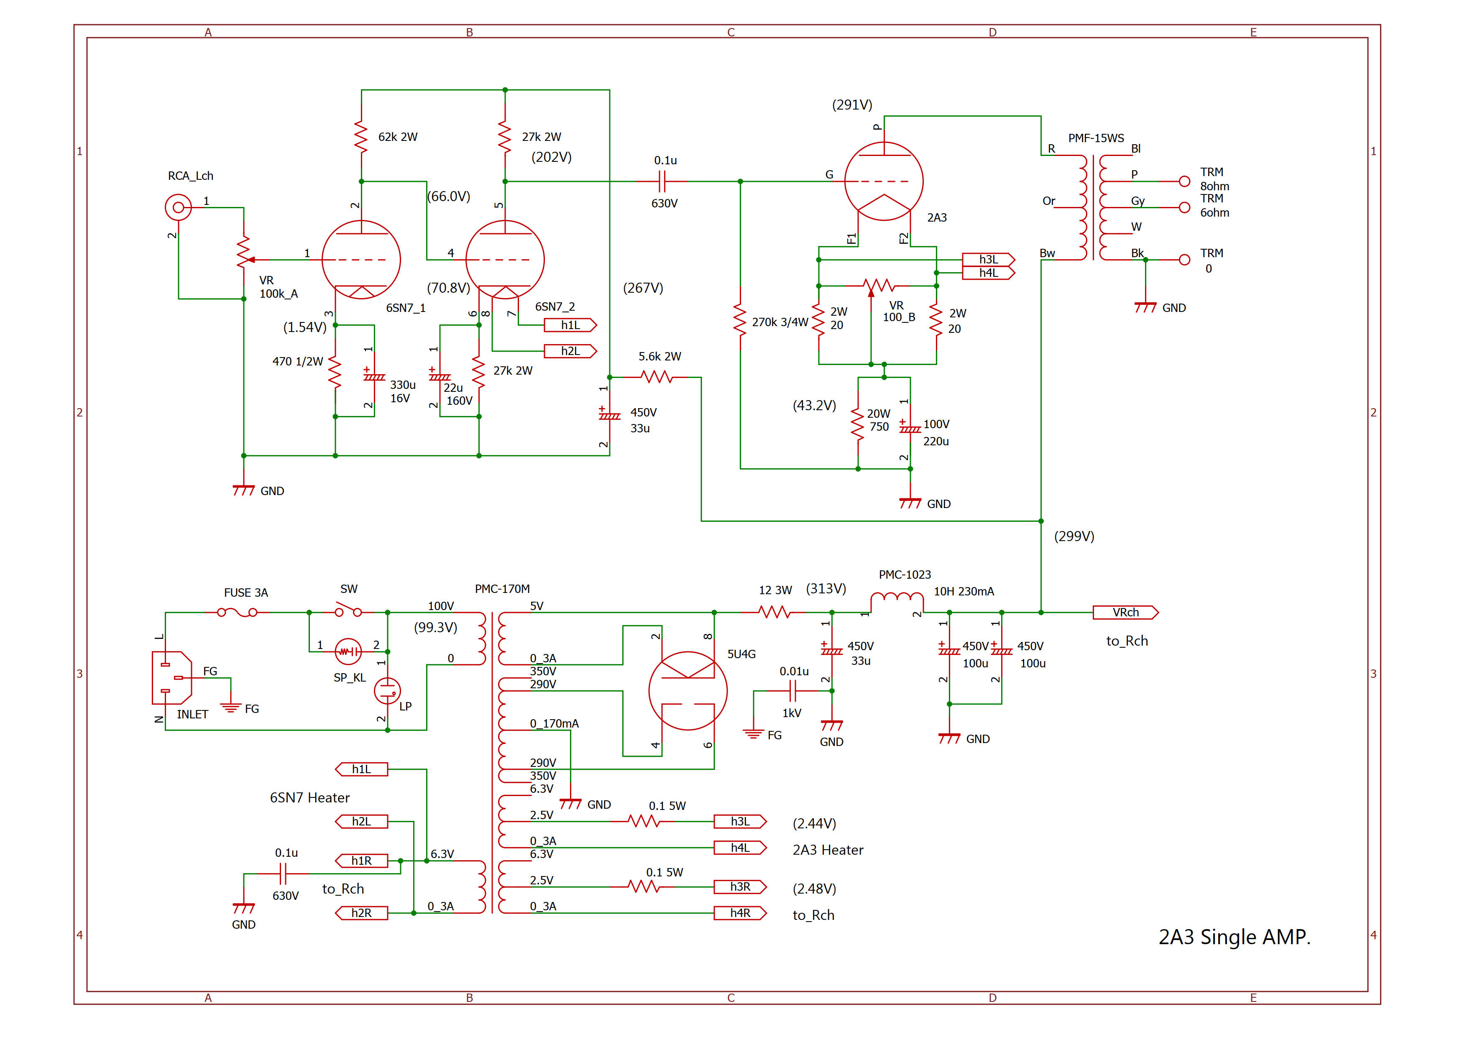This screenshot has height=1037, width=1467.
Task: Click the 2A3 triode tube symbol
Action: (x=884, y=181)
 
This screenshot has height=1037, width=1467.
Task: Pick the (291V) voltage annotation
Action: (x=852, y=105)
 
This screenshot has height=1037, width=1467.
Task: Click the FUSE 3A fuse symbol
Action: (x=237, y=612)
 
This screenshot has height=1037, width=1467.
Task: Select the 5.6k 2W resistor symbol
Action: (x=657, y=377)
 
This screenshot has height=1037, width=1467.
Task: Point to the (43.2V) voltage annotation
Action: (x=814, y=406)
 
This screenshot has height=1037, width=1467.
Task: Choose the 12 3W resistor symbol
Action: (x=774, y=612)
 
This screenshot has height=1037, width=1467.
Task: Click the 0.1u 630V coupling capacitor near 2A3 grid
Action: (x=662, y=182)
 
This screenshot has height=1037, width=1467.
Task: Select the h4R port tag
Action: (x=740, y=913)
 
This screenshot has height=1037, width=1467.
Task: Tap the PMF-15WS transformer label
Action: (x=1096, y=138)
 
